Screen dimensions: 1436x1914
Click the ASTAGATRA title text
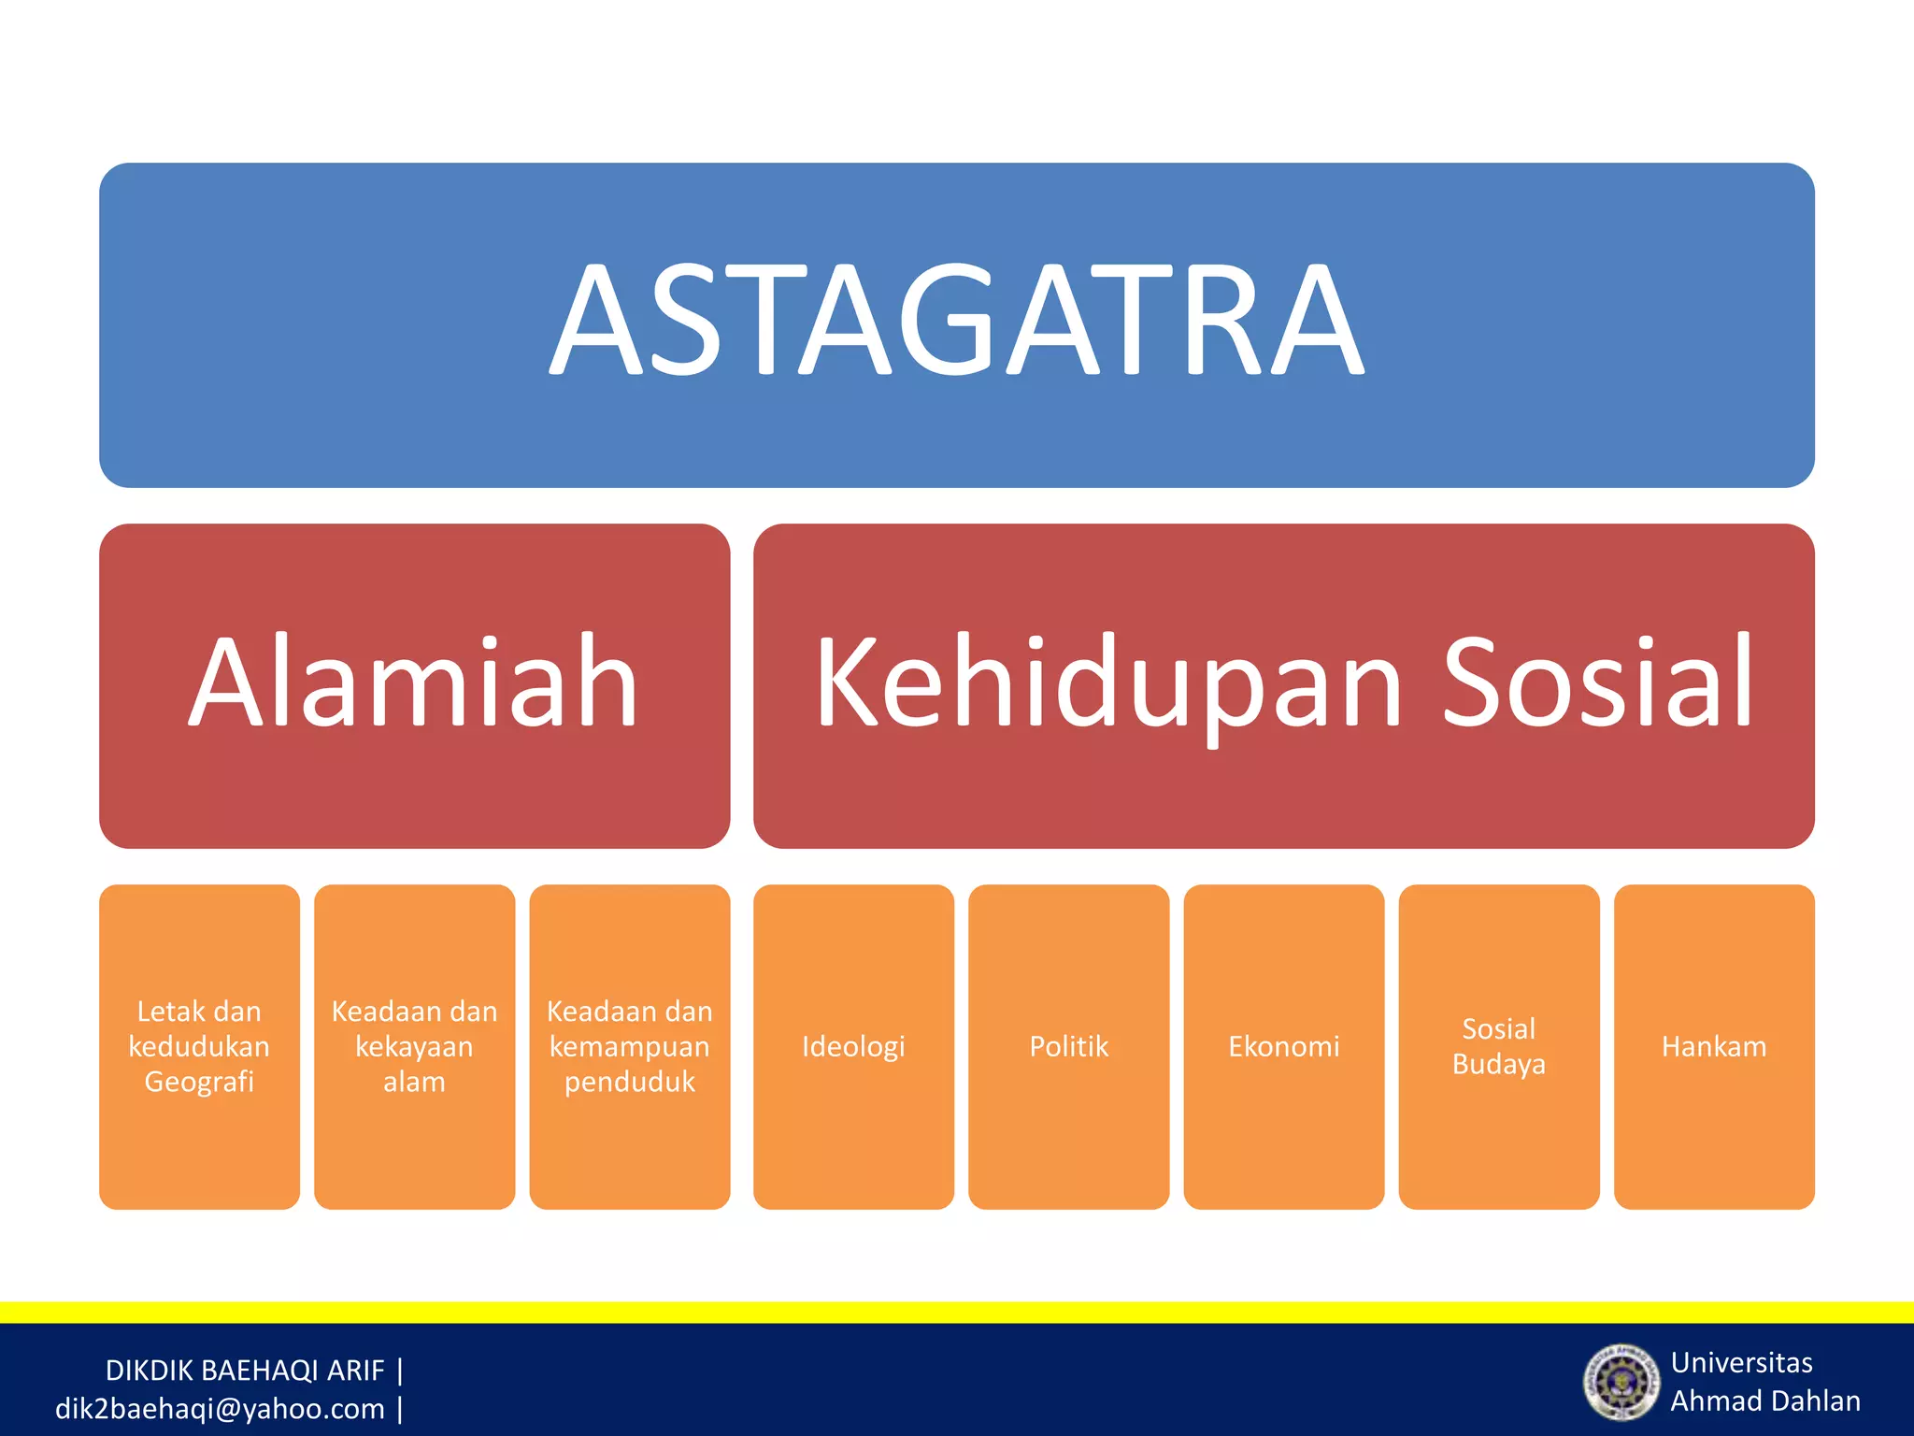pyautogui.click(x=956, y=320)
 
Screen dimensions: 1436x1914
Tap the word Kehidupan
pyautogui.click(x=1108, y=682)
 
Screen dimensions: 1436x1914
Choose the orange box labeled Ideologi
pyautogui.click(x=853, y=1046)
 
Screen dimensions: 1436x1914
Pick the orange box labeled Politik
pyautogui.click(x=1068, y=1046)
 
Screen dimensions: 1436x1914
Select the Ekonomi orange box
pyautogui.click(x=1283, y=1046)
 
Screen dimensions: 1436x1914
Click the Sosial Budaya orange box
pyautogui.click(x=1498, y=1046)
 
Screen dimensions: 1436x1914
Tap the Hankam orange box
pyautogui.click(x=1714, y=1046)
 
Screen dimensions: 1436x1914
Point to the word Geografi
pyautogui.click(x=199, y=1082)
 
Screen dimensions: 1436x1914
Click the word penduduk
pyautogui.click(x=629, y=1082)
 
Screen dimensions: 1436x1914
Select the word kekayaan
pyautogui.click(x=414, y=1046)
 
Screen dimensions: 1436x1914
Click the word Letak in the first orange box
pyautogui.click(x=170, y=1011)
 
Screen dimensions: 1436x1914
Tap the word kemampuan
pyautogui.click(x=629, y=1046)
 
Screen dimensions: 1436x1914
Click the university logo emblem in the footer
pyautogui.click(x=1620, y=1381)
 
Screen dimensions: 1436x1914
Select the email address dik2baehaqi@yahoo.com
pyautogui.click(x=220, y=1409)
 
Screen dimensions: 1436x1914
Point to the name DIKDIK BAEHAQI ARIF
pyautogui.click(x=245, y=1371)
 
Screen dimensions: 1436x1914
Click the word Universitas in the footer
pyautogui.click(x=1741, y=1362)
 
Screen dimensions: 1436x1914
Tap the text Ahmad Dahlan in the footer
pyautogui.click(x=1764, y=1400)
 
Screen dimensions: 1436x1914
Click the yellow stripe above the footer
pyautogui.click(x=957, y=1312)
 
